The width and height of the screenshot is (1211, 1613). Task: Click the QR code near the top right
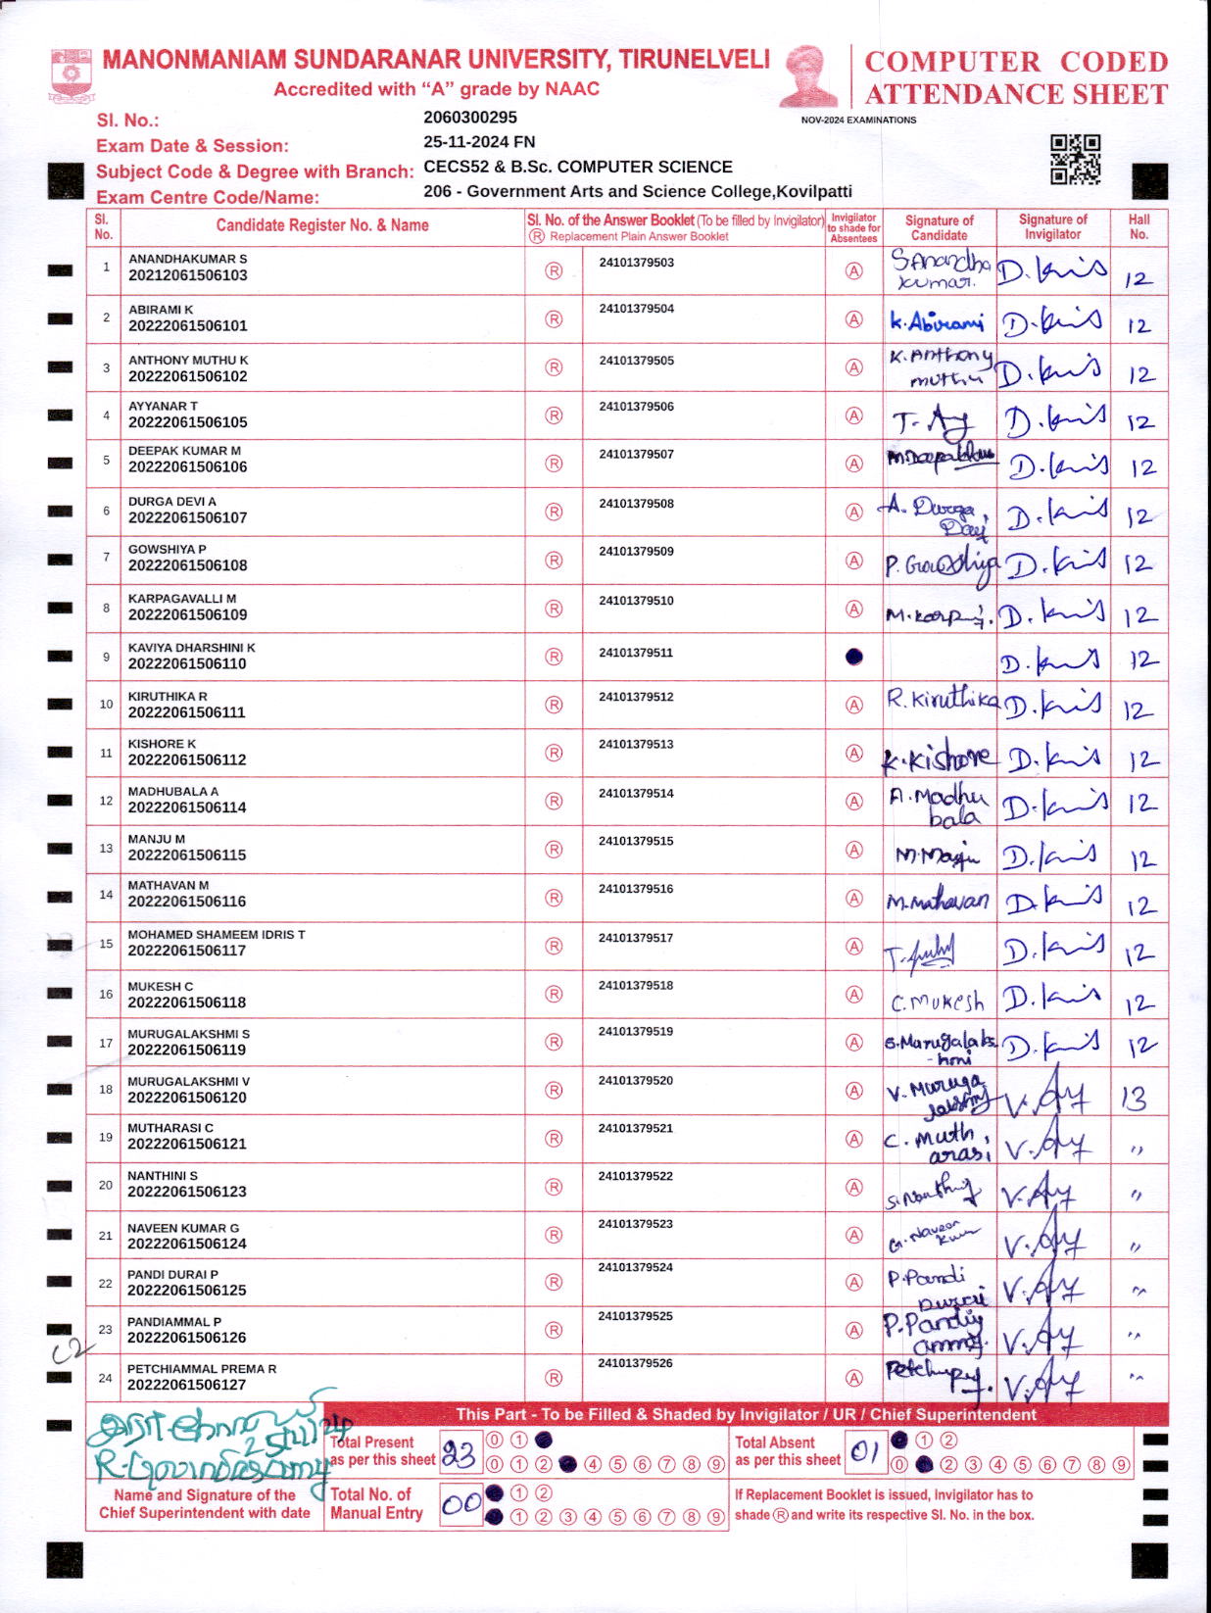click(x=1075, y=160)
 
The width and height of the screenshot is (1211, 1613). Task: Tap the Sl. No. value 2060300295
click(x=470, y=118)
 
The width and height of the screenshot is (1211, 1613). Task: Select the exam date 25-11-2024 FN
click(x=479, y=142)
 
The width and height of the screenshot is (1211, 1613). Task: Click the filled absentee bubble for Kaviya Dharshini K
click(x=854, y=658)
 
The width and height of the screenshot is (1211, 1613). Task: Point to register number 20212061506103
click(x=188, y=276)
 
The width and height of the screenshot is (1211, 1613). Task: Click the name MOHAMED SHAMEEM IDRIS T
click(x=217, y=935)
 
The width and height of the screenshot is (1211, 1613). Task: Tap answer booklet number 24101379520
click(x=636, y=1081)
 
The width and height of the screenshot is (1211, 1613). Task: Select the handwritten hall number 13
click(x=1135, y=1099)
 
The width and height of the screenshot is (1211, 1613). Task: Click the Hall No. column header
click(x=1138, y=227)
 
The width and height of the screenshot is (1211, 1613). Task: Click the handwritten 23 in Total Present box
click(x=459, y=1454)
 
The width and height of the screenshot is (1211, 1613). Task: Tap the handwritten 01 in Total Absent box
click(x=863, y=1453)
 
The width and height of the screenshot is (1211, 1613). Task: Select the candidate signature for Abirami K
click(x=937, y=321)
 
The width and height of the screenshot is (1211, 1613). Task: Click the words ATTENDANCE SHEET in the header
click(x=1016, y=95)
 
